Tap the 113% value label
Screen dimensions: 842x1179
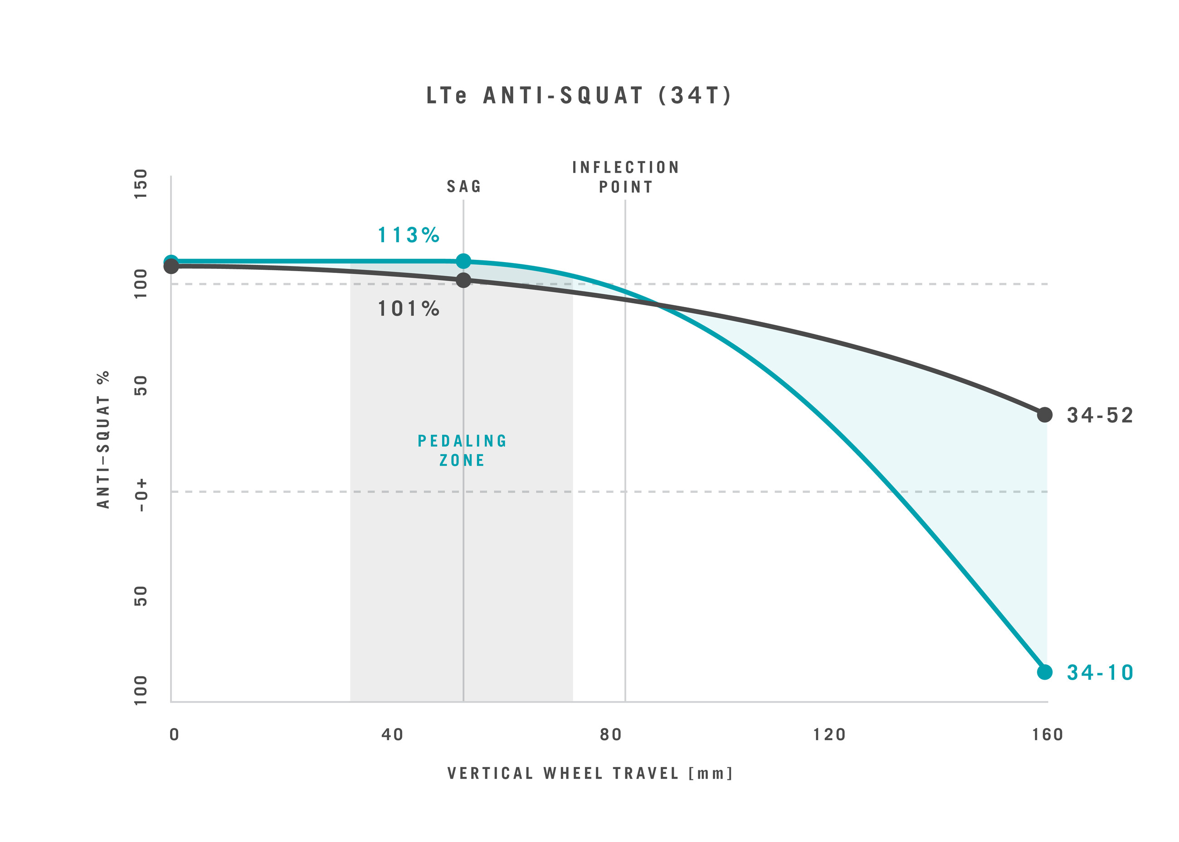pyautogui.click(x=409, y=235)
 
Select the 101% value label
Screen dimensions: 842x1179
pyautogui.click(x=409, y=309)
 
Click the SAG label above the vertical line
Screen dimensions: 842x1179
pyautogui.click(x=464, y=187)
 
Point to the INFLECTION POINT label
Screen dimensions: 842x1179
pyautogui.click(x=625, y=177)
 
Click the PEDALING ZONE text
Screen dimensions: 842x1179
pyautogui.click(x=462, y=451)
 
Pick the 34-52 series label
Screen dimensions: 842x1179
pyautogui.click(x=1100, y=415)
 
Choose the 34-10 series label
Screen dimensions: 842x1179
pyautogui.click(x=1100, y=672)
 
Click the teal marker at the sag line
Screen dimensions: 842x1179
pyautogui.click(x=463, y=261)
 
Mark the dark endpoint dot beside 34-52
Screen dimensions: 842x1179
pyautogui.click(x=1045, y=415)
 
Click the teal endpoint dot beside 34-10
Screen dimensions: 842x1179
pyautogui.click(x=1045, y=672)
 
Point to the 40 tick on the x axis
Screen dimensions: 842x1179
pyautogui.click(x=392, y=735)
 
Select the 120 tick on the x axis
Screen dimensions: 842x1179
pyautogui.click(x=829, y=735)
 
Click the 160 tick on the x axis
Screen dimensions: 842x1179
pyautogui.click(x=1047, y=735)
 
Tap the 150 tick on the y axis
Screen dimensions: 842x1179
pyautogui.click(x=141, y=183)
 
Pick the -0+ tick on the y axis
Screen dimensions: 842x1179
pyautogui.click(x=141, y=496)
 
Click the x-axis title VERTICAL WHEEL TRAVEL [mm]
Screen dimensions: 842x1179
pyautogui.click(x=590, y=774)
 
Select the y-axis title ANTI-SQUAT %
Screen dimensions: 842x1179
pyautogui.click(x=104, y=439)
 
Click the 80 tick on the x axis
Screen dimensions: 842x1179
pyautogui.click(x=611, y=735)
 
